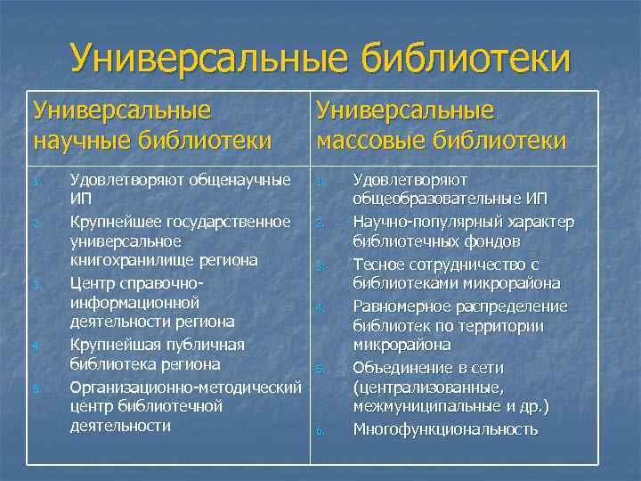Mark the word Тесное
click(x=380, y=264)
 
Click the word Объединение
click(x=402, y=367)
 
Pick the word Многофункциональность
click(x=445, y=429)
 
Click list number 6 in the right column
click(x=320, y=432)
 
